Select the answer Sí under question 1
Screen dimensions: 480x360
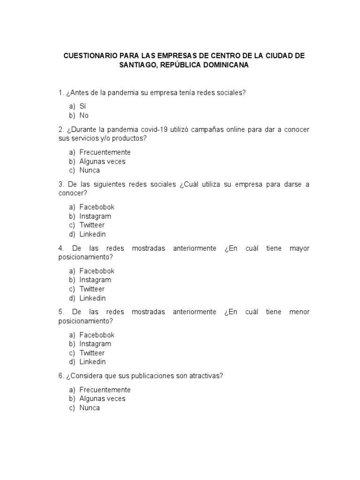(83, 106)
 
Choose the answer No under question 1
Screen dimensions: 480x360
(84, 115)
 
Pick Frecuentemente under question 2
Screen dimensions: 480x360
(105, 152)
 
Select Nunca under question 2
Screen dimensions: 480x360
(90, 170)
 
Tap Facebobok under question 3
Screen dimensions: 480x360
(97, 207)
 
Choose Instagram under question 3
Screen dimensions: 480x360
(95, 216)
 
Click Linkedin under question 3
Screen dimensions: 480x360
(92, 234)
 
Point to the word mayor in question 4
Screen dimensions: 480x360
(300, 248)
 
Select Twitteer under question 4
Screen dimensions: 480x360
(92, 289)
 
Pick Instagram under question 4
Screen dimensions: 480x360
(95, 280)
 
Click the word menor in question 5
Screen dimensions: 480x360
(300, 312)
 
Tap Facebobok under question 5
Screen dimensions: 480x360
(97, 335)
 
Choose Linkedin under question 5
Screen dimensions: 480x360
(92, 361)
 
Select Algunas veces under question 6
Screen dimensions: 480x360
(102, 398)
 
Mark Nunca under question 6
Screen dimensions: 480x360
(90, 408)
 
